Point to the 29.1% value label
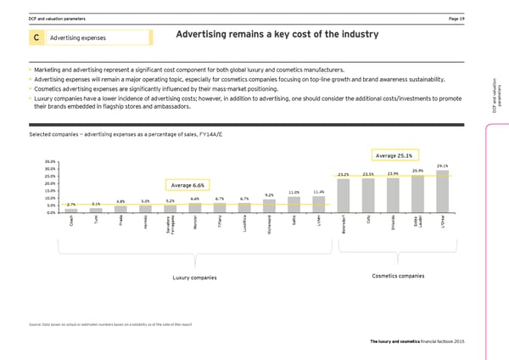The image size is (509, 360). click(x=442, y=166)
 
